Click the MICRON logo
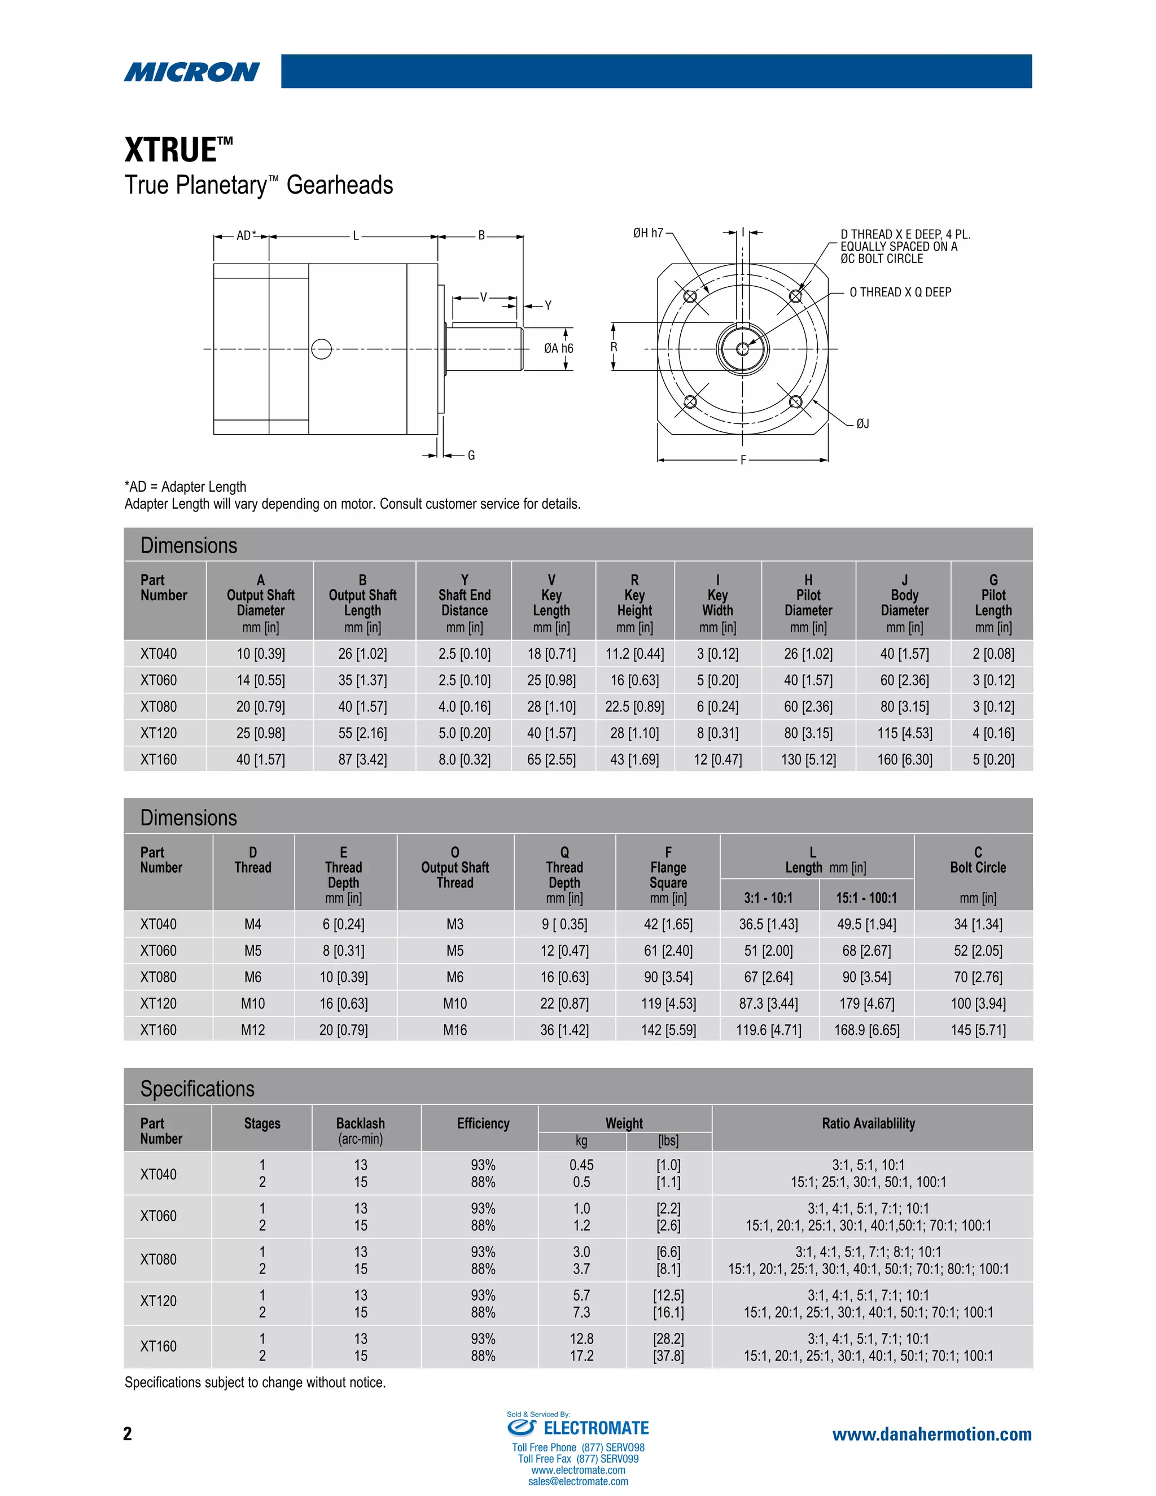pos(192,71)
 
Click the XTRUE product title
pos(178,150)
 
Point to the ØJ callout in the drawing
pos(862,424)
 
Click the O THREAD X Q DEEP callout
pos(900,292)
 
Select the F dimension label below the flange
pos(743,460)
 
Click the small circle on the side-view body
pos(321,349)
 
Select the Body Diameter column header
pos(904,602)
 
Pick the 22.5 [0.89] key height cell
pos(634,706)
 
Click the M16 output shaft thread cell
pos(455,1030)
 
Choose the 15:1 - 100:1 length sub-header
pos(866,898)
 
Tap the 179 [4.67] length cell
pos(866,1004)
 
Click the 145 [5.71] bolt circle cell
pos(977,1030)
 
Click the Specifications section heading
pos(197,1088)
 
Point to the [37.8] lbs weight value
pos(668,1355)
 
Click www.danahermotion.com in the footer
pos(931,1434)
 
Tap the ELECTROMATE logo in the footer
pos(579,1428)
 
